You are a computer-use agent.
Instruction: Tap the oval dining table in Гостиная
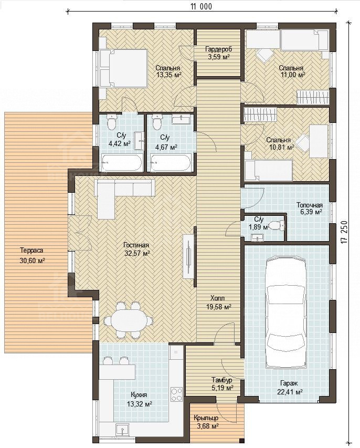click(x=128, y=320)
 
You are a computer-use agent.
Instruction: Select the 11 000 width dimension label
click(x=202, y=7)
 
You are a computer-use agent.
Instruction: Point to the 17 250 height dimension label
click(x=345, y=232)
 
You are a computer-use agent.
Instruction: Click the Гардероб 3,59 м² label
click(x=219, y=53)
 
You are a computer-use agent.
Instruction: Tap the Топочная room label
click(x=310, y=205)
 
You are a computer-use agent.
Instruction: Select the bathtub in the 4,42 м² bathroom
click(x=121, y=163)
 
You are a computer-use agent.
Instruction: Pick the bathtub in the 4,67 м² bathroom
click(x=171, y=163)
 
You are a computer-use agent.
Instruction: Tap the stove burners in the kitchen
click(x=176, y=394)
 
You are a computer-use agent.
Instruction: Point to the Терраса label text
click(x=31, y=251)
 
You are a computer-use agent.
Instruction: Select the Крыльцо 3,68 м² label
click(x=206, y=422)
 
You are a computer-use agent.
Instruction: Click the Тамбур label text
click(x=222, y=380)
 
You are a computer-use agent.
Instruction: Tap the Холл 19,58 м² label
click(x=218, y=303)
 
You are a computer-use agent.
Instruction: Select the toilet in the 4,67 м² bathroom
click(x=157, y=121)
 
